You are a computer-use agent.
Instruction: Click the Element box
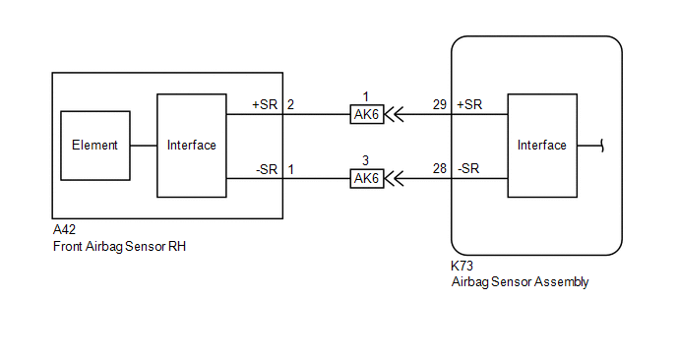coord(95,146)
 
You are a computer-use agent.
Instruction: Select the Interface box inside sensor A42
coord(192,146)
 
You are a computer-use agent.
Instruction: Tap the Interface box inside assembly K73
coord(542,146)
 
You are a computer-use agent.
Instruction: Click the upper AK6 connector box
coord(367,114)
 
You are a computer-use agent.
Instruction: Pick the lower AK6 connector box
coord(367,178)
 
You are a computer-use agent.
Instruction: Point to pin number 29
coord(440,104)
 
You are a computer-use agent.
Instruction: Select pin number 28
coord(440,168)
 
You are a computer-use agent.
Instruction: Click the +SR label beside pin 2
coord(265,104)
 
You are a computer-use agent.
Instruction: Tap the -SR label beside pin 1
coord(267,169)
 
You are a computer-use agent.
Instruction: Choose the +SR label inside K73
coord(469,104)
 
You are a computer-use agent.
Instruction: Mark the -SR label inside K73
coord(468,168)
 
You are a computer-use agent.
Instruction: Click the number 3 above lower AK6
coord(365,160)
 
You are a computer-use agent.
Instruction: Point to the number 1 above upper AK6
coord(366,96)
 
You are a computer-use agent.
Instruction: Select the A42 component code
coord(64,229)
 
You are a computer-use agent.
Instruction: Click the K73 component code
coord(462,266)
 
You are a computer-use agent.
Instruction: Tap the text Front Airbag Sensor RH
coord(120,247)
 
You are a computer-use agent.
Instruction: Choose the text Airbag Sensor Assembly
coord(520,282)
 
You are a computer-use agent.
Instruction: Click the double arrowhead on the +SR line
coord(394,114)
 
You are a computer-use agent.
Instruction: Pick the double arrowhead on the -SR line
coord(394,178)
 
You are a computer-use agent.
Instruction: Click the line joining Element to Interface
coord(144,146)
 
